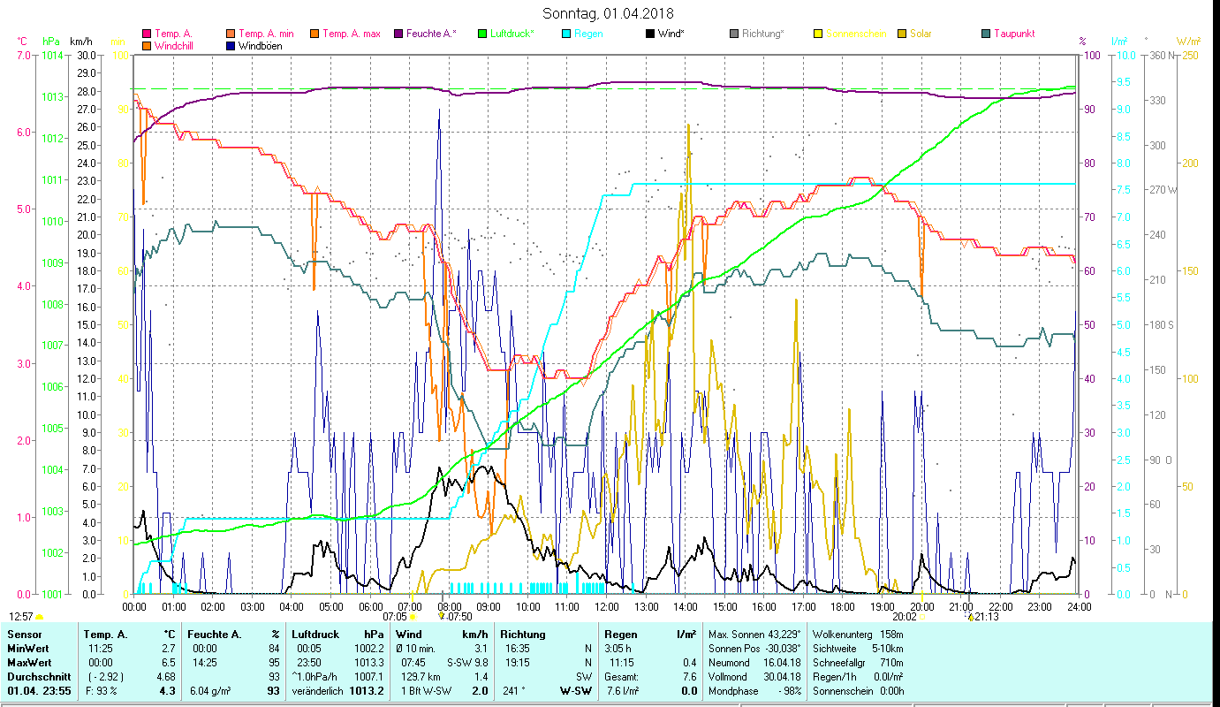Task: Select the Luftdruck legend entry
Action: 511,34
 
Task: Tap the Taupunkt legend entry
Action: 1013,34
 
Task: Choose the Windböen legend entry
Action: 260,45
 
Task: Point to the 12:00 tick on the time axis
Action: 607,607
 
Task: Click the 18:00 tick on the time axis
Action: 843,607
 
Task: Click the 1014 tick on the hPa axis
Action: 51,56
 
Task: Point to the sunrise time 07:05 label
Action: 395,617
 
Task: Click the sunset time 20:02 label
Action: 904,617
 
